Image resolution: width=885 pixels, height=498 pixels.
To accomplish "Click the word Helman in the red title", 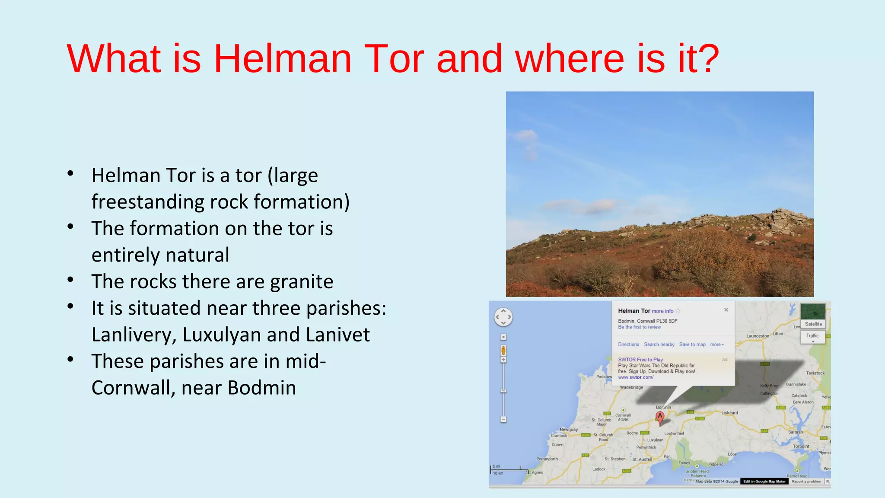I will click(283, 59).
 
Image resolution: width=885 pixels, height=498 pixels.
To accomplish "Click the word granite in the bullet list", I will click(302, 282).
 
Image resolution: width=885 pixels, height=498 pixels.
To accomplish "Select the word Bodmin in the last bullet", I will click(261, 388).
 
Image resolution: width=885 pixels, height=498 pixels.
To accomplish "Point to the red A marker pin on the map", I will click(660, 417).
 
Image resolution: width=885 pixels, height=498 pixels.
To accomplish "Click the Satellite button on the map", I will click(813, 324).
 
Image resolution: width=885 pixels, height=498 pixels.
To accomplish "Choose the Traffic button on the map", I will click(812, 336).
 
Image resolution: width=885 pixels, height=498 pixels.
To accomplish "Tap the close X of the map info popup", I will click(726, 310).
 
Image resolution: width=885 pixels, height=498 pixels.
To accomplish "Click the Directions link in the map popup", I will click(628, 345).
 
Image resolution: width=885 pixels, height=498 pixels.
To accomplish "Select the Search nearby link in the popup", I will click(659, 345).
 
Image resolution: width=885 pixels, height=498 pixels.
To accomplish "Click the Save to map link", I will click(692, 345).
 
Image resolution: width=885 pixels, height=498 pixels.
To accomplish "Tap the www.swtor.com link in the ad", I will click(636, 377).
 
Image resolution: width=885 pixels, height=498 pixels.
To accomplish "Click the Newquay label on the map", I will click(569, 429).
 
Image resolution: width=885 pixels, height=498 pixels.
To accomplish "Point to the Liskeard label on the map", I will click(729, 413).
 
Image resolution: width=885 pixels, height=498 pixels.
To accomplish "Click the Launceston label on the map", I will click(758, 336).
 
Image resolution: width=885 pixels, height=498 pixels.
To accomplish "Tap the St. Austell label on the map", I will click(642, 459).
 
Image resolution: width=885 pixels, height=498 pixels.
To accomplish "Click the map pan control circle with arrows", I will click(503, 317).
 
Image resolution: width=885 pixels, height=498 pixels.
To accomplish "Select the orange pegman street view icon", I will click(503, 350).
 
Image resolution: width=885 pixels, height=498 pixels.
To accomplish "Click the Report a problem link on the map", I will click(806, 481).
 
